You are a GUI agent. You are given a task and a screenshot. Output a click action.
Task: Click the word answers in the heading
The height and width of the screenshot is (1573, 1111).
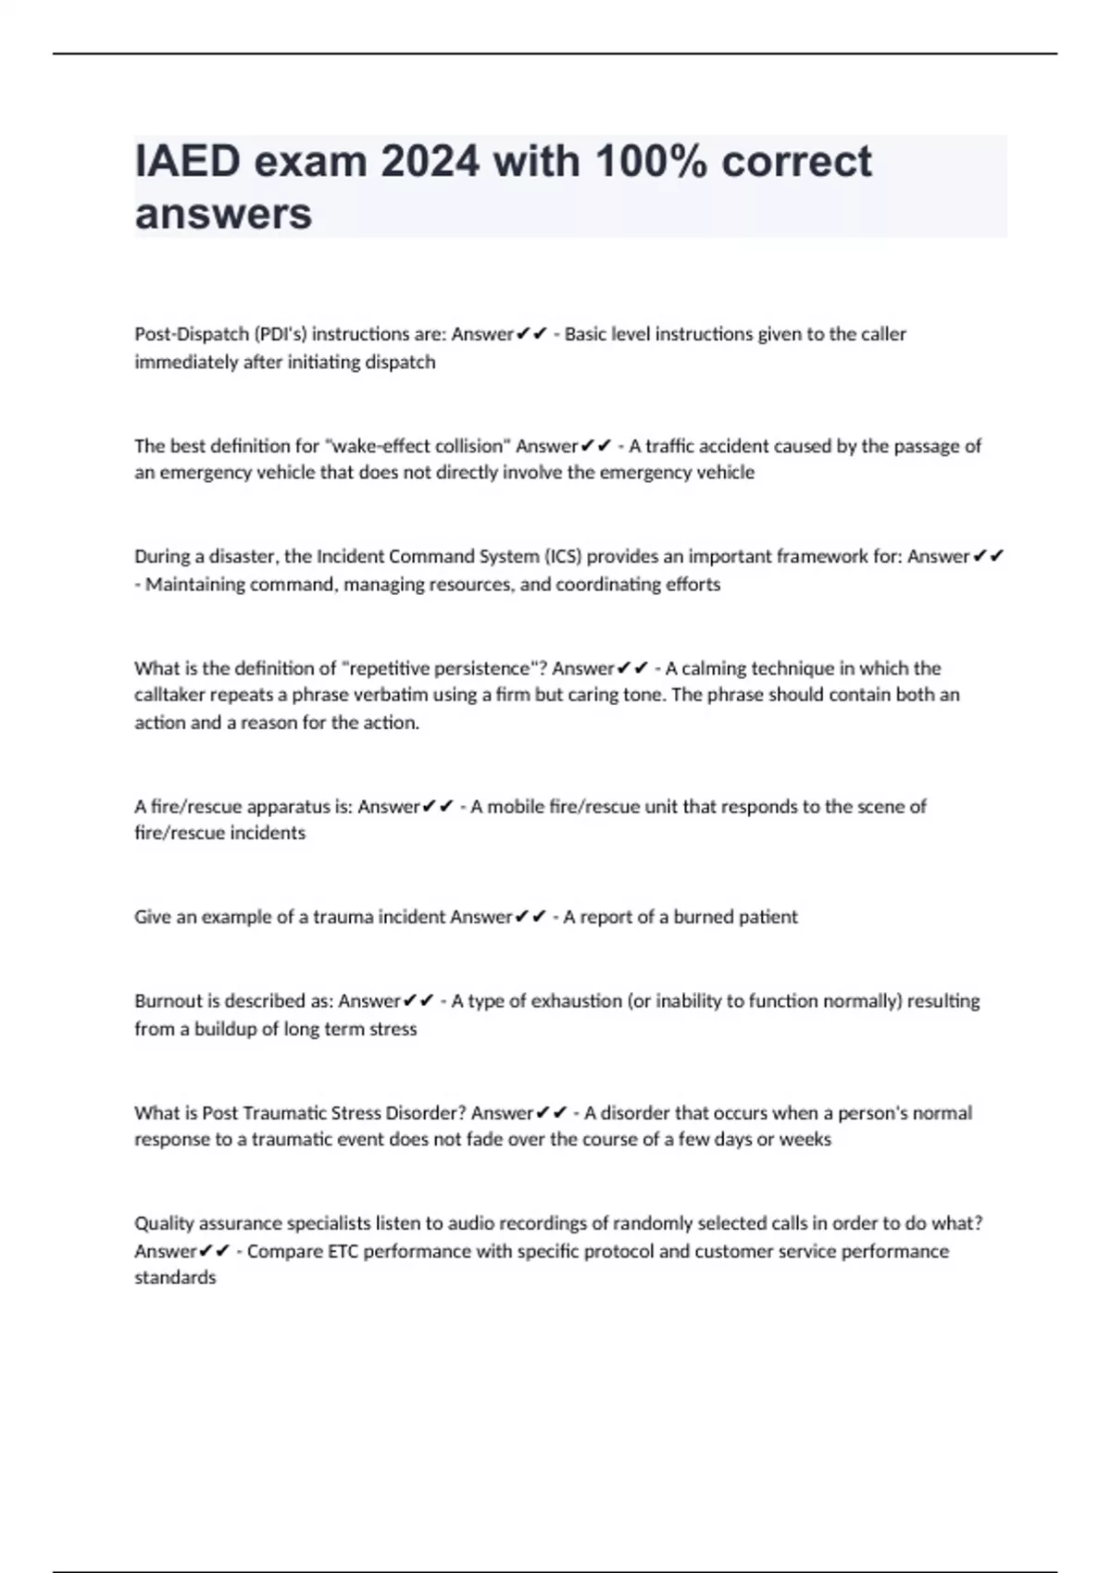pyautogui.click(x=223, y=214)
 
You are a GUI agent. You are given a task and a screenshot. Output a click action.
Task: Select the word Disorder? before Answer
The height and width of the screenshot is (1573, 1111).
pyautogui.click(x=425, y=1113)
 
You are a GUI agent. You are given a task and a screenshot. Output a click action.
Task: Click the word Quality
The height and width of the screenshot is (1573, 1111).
pyautogui.click(x=161, y=1224)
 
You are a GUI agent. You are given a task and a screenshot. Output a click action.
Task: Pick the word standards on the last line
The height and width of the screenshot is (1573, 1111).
pyautogui.click(x=175, y=1278)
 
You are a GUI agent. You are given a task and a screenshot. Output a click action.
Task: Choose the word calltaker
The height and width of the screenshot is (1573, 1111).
pyautogui.click(x=169, y=695)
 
